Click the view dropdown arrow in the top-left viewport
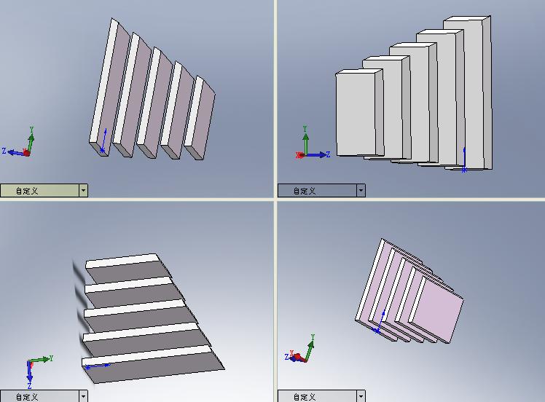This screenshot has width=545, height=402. [x=83, y=190]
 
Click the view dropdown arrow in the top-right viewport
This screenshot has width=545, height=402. [x=361, y=190]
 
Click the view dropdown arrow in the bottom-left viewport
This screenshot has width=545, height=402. [x=83, y=396]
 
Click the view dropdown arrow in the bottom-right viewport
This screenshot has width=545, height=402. [x=361, y=396]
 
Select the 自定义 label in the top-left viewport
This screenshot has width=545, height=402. [x=27, y=191]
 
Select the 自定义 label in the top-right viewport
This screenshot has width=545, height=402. [x=305, y=191]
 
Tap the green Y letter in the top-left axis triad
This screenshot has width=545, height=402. [x=31, y=130]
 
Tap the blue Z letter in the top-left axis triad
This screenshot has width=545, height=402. [x=4, y=151]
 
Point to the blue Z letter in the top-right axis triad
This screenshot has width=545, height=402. [x=328, y=154]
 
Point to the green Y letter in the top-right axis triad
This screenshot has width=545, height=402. [x=305, y=129]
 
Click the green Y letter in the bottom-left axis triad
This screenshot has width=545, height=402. [x=51, y=358]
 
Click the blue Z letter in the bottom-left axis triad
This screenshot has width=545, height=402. [x=29, y=386]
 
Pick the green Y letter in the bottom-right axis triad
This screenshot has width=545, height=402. [x=313, y=337]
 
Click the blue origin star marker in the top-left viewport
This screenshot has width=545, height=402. [x=102, y=150]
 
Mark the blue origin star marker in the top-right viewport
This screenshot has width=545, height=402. [x=464, y=170]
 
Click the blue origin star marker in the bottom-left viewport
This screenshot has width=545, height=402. [x=87, y=367]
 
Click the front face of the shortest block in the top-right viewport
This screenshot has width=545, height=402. [x=356, y=114]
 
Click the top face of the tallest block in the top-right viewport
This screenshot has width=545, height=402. [x=467, y=18]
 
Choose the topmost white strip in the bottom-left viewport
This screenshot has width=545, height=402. [x=122, y=261]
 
